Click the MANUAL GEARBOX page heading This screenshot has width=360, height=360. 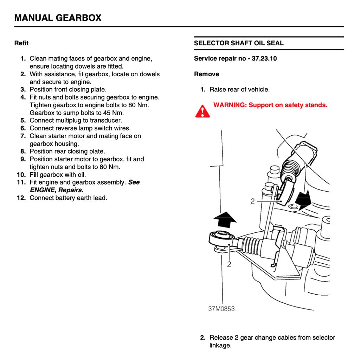tap(58, 18)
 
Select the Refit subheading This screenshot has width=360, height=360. tap(21, 43)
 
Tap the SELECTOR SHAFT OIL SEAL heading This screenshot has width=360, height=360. tap(239, 43)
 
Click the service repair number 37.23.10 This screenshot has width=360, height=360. tap(264, 59)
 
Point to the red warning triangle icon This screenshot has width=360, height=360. tap(202, 111)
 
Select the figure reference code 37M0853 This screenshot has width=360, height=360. tap(221, 309)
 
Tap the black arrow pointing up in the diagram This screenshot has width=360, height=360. tap(225, 220)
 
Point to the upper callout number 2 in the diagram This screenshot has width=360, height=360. tap(252, 202)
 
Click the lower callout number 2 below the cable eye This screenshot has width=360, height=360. tap(229, 264)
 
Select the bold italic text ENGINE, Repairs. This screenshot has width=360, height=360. tap(57, 190)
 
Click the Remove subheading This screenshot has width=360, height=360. tap(206, 74)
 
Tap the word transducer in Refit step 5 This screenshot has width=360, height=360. tap(105, 121)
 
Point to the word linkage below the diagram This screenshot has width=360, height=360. tap(220, 345)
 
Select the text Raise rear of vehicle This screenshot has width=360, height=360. tap(239, 90)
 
